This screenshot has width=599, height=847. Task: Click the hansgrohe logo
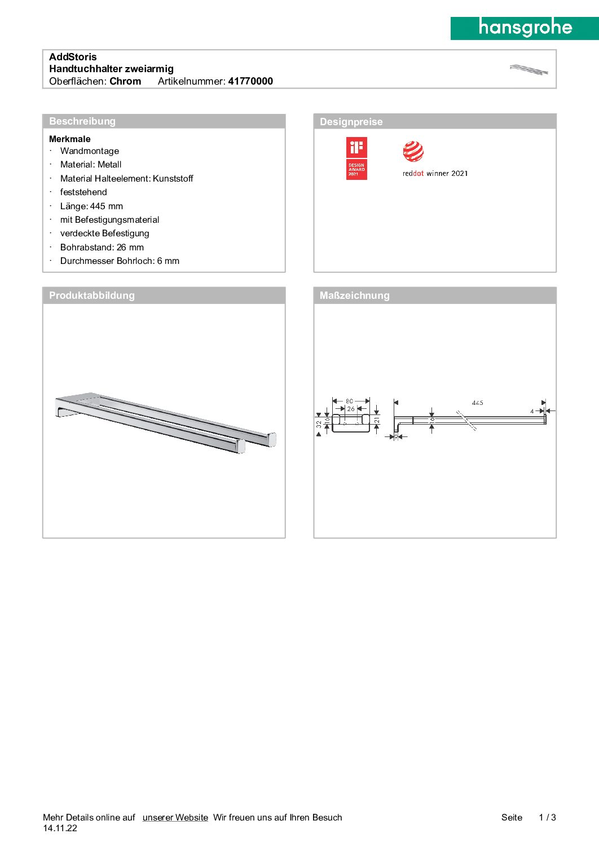point(525,28)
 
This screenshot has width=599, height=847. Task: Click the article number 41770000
point(250,81)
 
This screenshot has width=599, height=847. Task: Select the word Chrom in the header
point(125,81)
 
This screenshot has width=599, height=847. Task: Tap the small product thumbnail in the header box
point(528,70)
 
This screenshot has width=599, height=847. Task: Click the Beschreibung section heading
point(82,121)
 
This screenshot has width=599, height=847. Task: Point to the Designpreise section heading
point(351,122)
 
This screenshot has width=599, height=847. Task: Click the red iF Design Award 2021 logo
point(356,158)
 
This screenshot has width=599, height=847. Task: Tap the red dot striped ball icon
point(413,152)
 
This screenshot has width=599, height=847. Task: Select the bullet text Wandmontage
point(90,151)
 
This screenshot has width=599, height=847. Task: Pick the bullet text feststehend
point(83,192)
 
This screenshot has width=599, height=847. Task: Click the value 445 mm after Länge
point(107,206)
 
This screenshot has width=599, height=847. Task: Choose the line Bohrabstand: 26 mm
point(102,248)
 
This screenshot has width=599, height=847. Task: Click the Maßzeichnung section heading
point(354,295)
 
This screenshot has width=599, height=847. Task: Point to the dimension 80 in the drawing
point(350,402)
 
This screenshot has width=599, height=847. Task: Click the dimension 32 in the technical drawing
point(319,423)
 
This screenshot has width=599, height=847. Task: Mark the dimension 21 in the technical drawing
point(377,421)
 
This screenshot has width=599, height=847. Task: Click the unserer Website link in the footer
point(175,818)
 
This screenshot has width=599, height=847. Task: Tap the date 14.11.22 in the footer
point(60,828)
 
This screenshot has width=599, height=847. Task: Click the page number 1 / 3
point(547,818)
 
